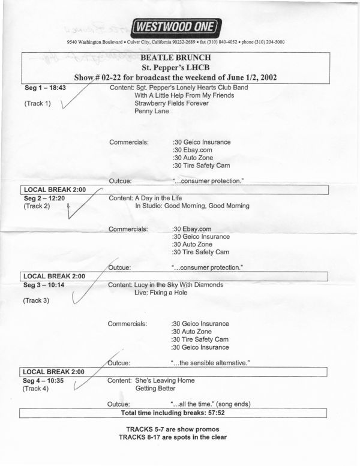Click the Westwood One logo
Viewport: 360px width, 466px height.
[176, 26]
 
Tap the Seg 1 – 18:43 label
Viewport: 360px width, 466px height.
[44, 88]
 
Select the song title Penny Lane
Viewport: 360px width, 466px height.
[152, 111]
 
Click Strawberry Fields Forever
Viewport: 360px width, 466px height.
[172, 103]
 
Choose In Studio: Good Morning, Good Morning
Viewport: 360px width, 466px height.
[191, 206]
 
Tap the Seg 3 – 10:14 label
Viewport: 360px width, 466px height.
[44, 285]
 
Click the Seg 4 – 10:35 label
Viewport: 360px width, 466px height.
[44, 380]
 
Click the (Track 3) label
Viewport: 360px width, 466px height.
[37, 300]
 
